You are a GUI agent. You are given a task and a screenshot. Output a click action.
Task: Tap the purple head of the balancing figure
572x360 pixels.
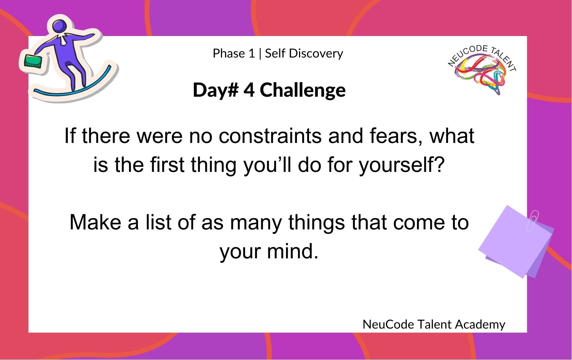[x=60, y=26]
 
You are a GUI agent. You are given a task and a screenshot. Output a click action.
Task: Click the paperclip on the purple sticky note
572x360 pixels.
[x=532, y=221]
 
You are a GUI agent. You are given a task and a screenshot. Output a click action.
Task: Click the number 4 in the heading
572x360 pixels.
[x=249, y=90]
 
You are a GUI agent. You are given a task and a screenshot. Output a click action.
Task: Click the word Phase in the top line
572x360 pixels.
[x=229, y=53]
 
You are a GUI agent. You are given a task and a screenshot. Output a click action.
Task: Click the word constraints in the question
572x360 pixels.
[x=270, y=136]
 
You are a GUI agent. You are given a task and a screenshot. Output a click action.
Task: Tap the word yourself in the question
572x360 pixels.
[x=402, y=165]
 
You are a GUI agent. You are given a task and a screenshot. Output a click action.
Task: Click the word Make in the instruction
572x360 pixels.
[x=95, y=222]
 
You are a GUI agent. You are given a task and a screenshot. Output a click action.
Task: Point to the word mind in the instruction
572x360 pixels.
[x=293, y=251]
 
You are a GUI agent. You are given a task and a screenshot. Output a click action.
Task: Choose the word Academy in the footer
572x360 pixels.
[x=480, y=325]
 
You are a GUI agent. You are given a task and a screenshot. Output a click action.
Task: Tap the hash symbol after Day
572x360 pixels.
[x=233, y=90]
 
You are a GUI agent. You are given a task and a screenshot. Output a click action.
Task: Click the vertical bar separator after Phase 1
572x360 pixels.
[x=260, y=54]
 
